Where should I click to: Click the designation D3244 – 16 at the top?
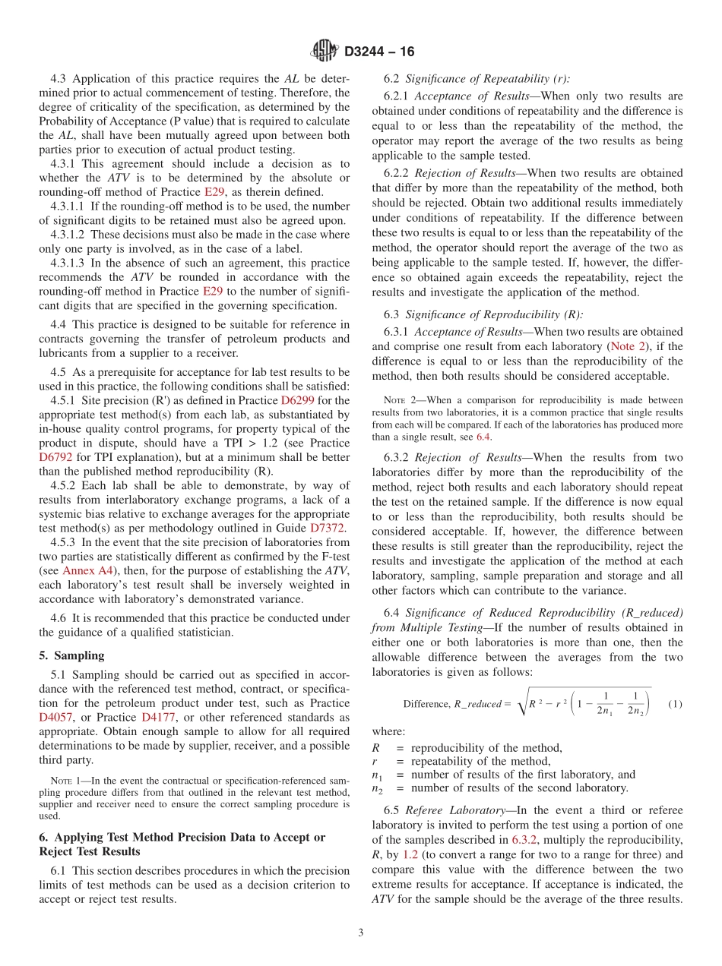click(379, 52)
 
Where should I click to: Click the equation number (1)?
click(674, 704)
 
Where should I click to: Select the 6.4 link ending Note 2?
click(483, 437)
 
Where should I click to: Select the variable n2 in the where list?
click(376, 788)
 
